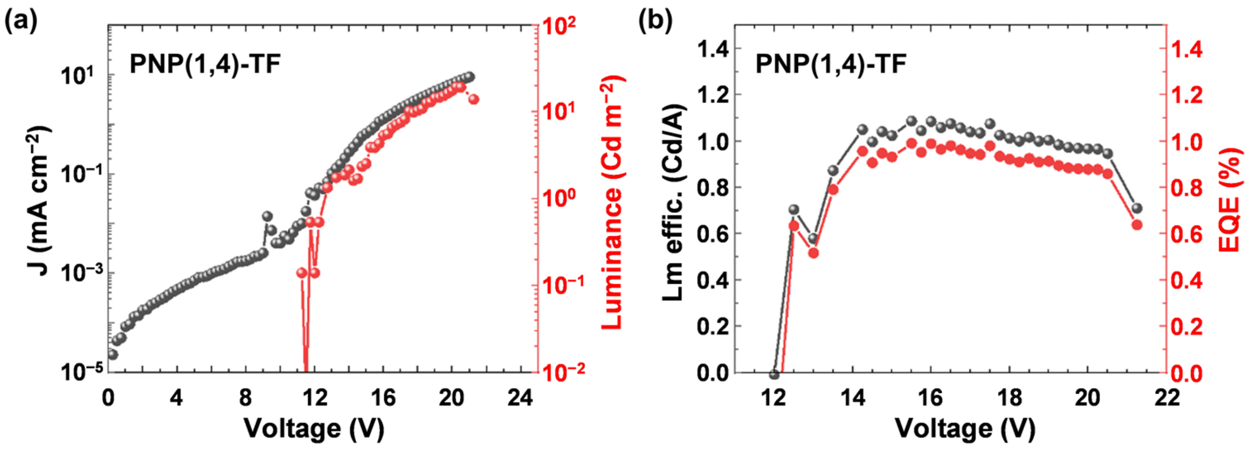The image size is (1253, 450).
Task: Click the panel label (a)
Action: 20,22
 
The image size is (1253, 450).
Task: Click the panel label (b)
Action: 655,22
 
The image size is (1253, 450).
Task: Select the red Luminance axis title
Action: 612,202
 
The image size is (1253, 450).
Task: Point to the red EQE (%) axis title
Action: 1229,199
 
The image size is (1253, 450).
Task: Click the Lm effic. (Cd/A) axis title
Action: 674,202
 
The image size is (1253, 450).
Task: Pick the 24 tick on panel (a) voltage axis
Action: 520,399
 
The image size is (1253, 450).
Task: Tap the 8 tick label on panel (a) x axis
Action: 245,399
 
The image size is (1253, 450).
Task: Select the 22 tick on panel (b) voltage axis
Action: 1166,399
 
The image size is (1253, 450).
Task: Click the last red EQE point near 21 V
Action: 1137,225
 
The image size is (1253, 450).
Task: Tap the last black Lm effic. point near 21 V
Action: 1137,208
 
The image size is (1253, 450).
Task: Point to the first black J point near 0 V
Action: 113,354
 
